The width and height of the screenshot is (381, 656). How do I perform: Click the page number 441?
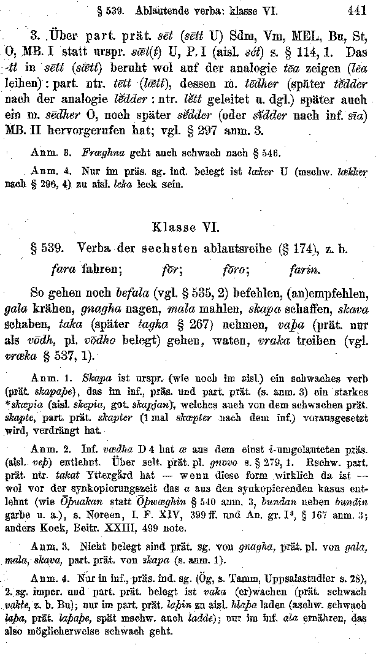(356, 10)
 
